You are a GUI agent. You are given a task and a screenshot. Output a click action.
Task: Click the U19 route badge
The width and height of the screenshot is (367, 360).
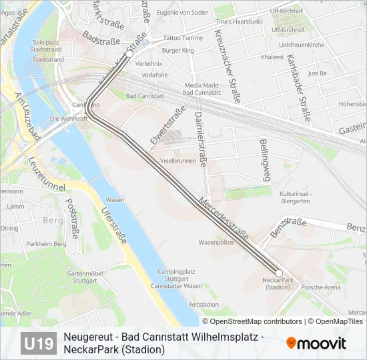click(x=39, y=343)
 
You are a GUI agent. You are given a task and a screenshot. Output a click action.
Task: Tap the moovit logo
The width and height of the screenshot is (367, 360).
click(x=316, y=343)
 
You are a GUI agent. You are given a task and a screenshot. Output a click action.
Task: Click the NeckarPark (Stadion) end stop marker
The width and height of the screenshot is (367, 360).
click(x=279, y=272)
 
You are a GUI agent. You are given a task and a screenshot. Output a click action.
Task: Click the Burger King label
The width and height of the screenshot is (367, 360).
click(x=178, y=50)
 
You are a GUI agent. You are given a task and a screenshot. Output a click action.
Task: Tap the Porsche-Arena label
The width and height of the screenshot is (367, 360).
click(x=321, y=287)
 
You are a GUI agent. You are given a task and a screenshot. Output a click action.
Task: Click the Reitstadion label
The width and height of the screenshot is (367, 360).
click(x=204, y=304)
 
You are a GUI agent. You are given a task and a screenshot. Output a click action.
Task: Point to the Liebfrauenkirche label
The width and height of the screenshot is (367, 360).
click(x=302, y=45)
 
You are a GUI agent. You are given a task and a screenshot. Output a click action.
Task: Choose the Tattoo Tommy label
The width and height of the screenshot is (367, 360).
click(x=178, y=38)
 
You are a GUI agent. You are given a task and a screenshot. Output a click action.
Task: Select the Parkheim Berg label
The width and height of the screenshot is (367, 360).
click(x=47, y=244)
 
